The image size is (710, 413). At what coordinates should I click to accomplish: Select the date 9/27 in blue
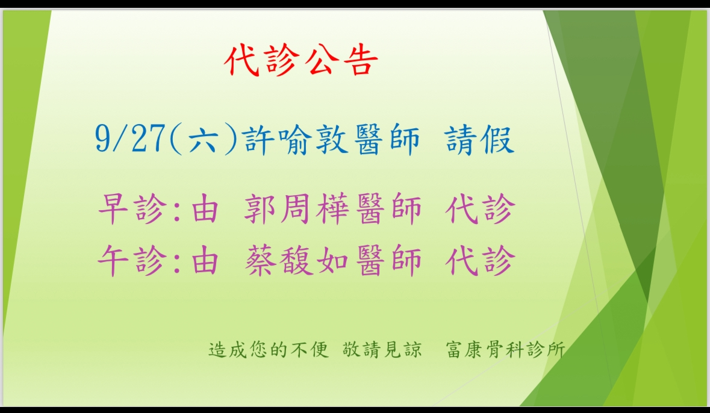coord(130,139)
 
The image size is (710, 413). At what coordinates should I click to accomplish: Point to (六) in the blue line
coord(204,139)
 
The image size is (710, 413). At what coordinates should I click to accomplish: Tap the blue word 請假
coord(479,140)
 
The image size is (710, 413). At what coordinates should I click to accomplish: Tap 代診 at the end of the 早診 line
coord(480,209)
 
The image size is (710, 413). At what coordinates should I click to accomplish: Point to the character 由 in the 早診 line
coord(205,209)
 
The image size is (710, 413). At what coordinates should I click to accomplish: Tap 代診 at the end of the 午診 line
coord(480,260)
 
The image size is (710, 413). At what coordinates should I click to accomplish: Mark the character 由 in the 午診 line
coord(205,260)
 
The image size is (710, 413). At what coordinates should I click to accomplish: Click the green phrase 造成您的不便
coord(269,350)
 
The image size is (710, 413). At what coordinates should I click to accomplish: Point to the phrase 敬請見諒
coord(382,350)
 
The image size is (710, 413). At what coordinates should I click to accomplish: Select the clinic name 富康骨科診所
coord(506,350)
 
